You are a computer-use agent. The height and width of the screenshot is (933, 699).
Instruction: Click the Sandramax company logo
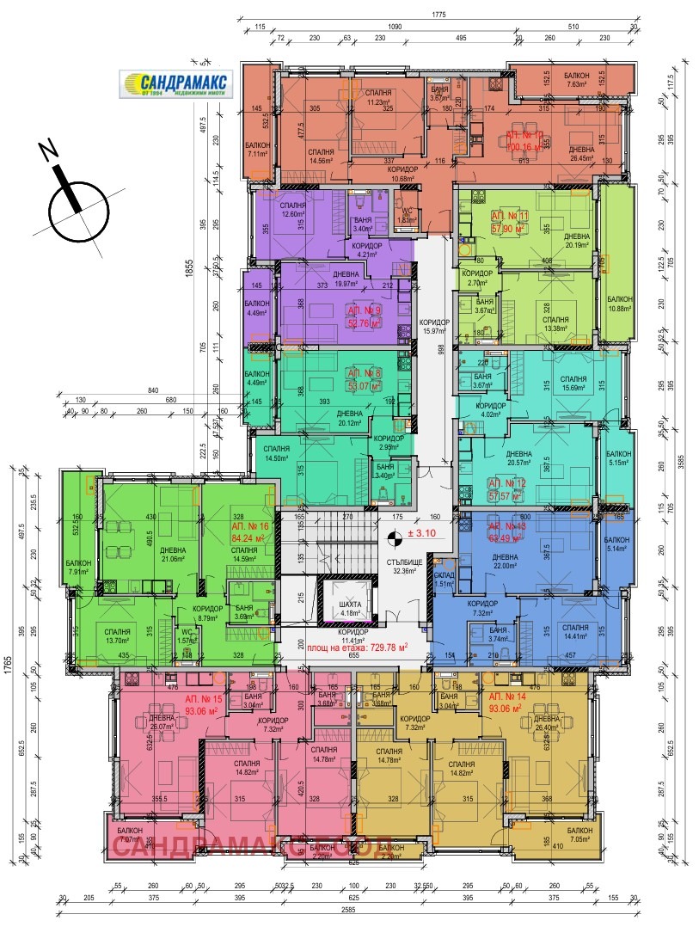tap(176, 84)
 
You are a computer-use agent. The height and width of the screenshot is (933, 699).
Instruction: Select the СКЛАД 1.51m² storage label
tap(444, 579)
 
